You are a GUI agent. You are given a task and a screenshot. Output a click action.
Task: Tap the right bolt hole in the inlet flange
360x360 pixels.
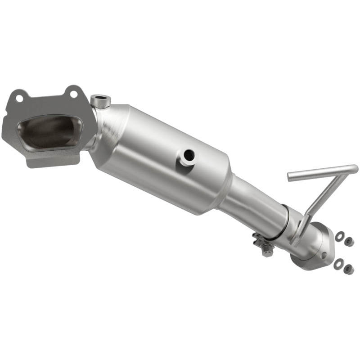72,94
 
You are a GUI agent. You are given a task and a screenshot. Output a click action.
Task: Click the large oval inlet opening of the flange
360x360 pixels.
47,130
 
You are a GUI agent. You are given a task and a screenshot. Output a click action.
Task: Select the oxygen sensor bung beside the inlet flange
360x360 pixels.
99,101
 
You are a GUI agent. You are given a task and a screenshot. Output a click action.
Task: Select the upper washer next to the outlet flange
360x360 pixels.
340,235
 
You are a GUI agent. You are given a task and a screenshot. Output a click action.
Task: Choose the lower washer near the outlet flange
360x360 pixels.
338,263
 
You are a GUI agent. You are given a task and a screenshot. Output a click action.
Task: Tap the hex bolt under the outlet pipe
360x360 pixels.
267,251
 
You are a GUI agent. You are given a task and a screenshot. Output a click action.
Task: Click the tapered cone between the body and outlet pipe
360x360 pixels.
225,191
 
